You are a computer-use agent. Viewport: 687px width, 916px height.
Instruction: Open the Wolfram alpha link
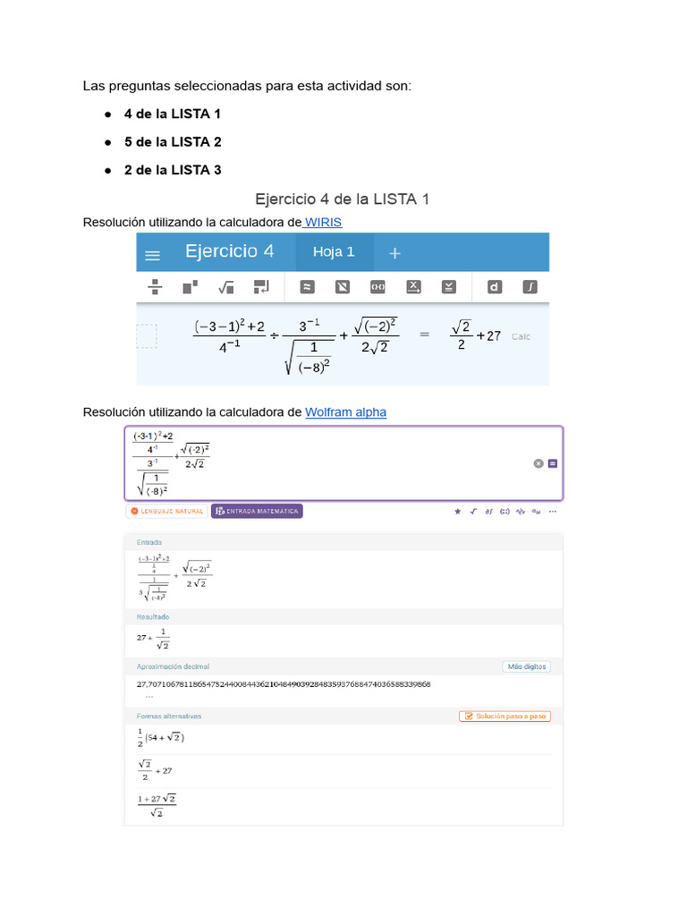[x=346, y=412]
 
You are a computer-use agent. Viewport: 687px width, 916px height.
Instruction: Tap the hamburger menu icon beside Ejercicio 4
[x=153, y=255]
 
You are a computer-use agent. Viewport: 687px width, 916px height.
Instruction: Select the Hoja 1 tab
[x=334, y=252]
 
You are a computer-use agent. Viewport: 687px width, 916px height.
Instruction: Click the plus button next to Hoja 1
[x=395, y=253]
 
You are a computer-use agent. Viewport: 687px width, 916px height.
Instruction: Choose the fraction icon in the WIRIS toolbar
[x=154, y=287]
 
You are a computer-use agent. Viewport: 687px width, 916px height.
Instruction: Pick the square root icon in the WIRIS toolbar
[x=225, y=287]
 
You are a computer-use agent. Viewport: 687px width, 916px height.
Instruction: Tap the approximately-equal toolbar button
[x=307, y=287]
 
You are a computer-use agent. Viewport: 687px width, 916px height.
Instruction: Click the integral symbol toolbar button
[x=530, y=287]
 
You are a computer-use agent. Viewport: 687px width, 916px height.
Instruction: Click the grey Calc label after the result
[x=522, y=336]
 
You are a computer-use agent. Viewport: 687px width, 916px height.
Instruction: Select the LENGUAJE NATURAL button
[x=167, y=512]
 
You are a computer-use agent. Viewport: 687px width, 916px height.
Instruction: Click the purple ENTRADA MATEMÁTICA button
[x=258, y=512]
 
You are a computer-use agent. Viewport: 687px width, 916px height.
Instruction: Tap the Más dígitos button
[x=526, y=666]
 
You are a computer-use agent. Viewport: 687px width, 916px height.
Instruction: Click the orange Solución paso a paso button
[x=505, y=717]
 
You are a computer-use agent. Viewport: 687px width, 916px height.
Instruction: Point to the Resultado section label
[x=153, y=617]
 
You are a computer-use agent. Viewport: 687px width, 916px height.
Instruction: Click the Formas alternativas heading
[x=169, y=717]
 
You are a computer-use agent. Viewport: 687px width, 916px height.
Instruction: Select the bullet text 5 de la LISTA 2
[x=173, y=142]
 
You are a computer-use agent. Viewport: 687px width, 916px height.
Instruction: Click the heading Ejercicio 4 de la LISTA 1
[x=343, y=199]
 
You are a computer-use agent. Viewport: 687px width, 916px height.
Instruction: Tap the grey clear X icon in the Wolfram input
[x=539, y=463]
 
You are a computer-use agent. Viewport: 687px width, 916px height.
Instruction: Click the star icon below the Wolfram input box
[x=458, y=512]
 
